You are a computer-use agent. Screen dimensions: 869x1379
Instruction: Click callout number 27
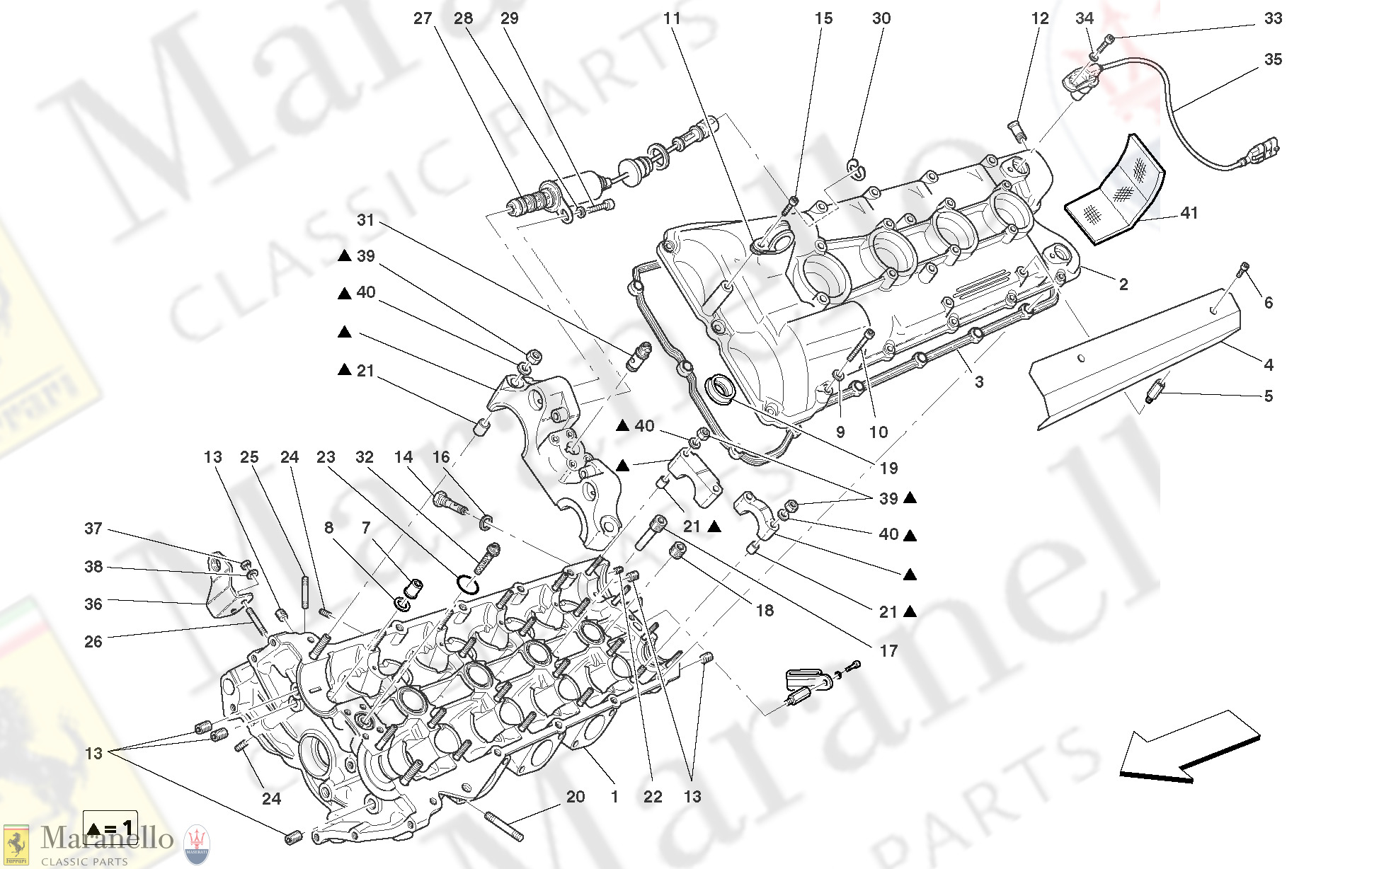click(x=423, y=18)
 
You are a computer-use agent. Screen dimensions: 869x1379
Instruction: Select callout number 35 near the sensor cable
click(x=1273, y=59)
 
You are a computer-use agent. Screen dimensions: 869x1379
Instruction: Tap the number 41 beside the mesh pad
click(x=1189, y=213)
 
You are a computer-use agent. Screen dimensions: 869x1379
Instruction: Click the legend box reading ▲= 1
click(x=110, y=828)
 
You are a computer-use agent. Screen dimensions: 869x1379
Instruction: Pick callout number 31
click(x=365, y=220)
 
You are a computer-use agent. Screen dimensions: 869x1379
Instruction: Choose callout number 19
click(x=888, y=468)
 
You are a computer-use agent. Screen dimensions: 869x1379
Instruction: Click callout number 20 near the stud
click(x=576, y=797)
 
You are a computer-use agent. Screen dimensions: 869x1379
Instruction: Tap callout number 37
click(x=93, y=529)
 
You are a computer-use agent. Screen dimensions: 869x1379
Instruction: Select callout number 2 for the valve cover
click(x=1123, y=284)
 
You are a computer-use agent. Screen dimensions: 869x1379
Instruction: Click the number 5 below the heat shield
click(x=1269, y=396)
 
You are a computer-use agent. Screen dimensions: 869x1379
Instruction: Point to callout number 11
click(x=672, y=18)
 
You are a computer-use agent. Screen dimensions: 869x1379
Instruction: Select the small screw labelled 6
click(x=1244, y=268)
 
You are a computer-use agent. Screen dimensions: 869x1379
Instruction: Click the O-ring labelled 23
click(x=467, y=585)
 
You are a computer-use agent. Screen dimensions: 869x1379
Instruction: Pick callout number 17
click(x=888, y=650)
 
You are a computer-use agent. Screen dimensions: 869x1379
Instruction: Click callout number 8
click(x=328, y=527)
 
